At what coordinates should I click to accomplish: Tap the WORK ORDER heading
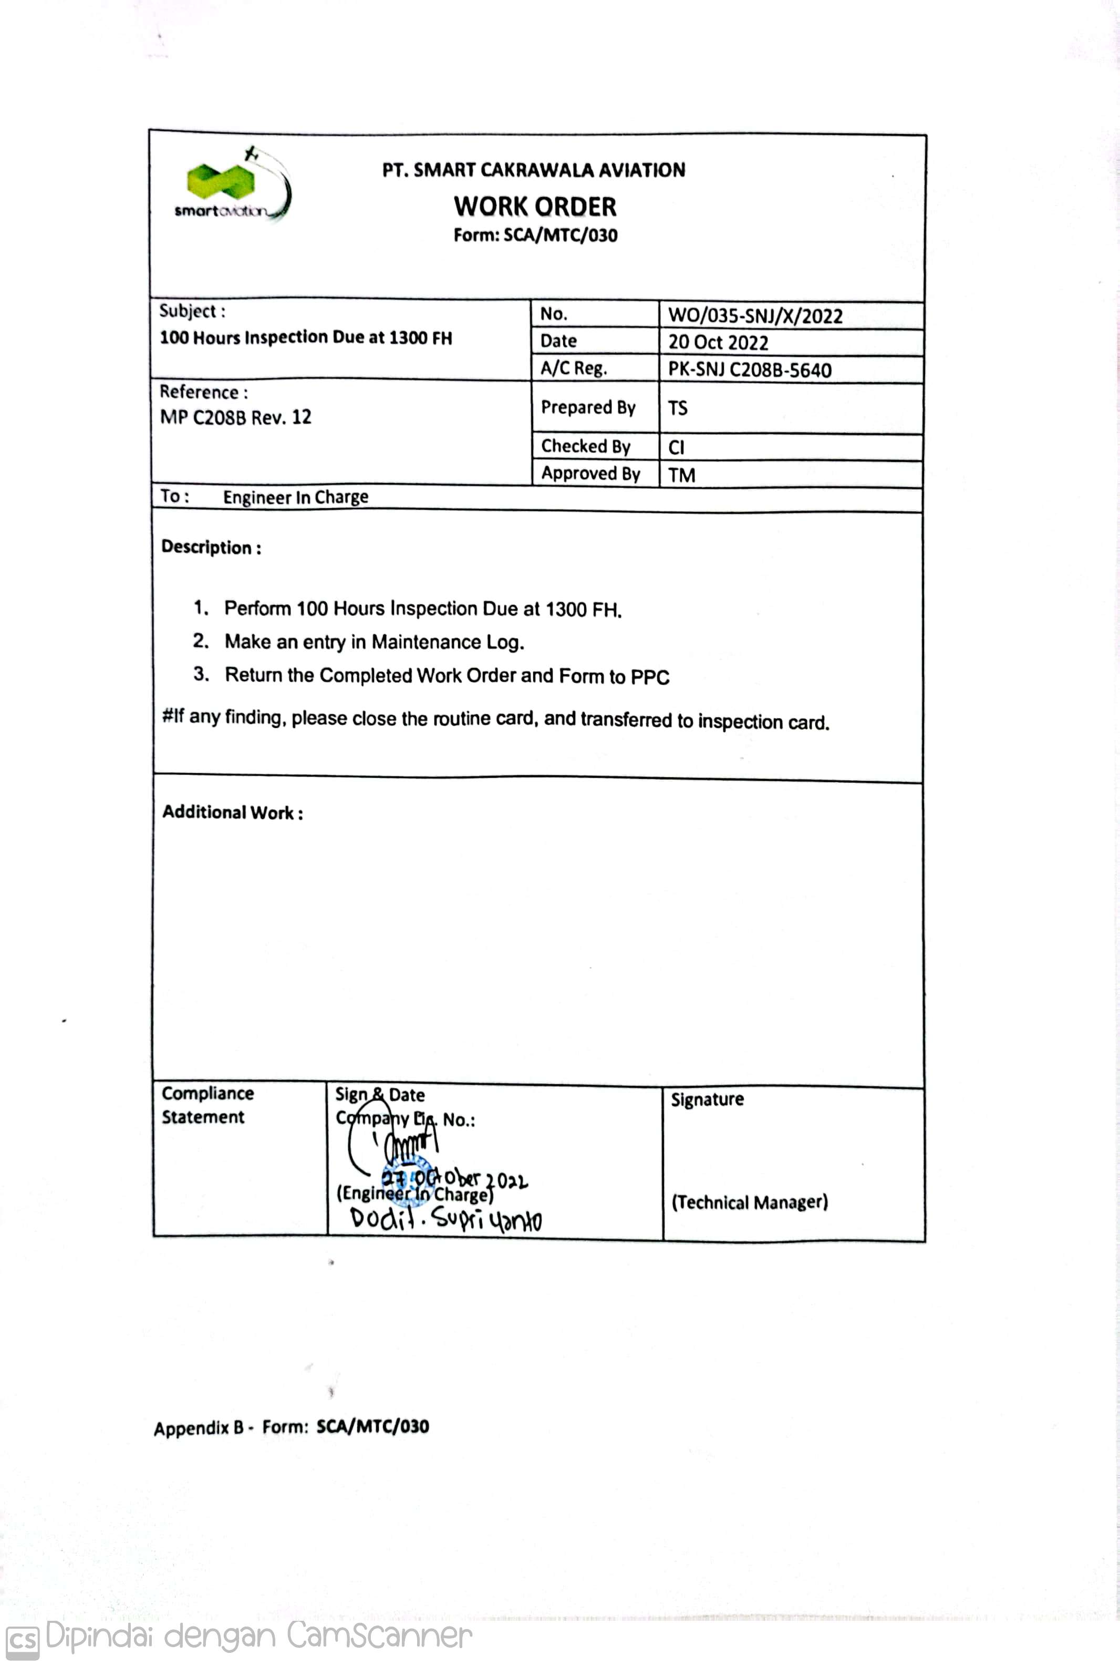click(x=535, y=207)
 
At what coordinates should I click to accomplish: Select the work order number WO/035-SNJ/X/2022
click(x=755, y=316)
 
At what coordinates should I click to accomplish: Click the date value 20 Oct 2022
click(x=718, y=342)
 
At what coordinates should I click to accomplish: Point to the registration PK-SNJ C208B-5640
click(x=749, y=370)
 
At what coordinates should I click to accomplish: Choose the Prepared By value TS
click(x=678, y=408)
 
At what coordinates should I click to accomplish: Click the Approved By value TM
click(x=681, y=475)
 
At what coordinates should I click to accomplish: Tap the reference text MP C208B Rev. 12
click(x=236, y=417)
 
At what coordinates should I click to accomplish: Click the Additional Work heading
click(x=233, y=813)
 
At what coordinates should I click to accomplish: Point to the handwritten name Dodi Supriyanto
click(x=445, y=1218)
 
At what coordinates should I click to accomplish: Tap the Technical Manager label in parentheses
click(x=749, y=1202)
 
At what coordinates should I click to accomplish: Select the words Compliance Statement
click(x=207, y=1105)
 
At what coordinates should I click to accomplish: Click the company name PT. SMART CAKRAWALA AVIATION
click(x=534, y=170)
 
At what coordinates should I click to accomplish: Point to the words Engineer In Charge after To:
click(x=296, y=497)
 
